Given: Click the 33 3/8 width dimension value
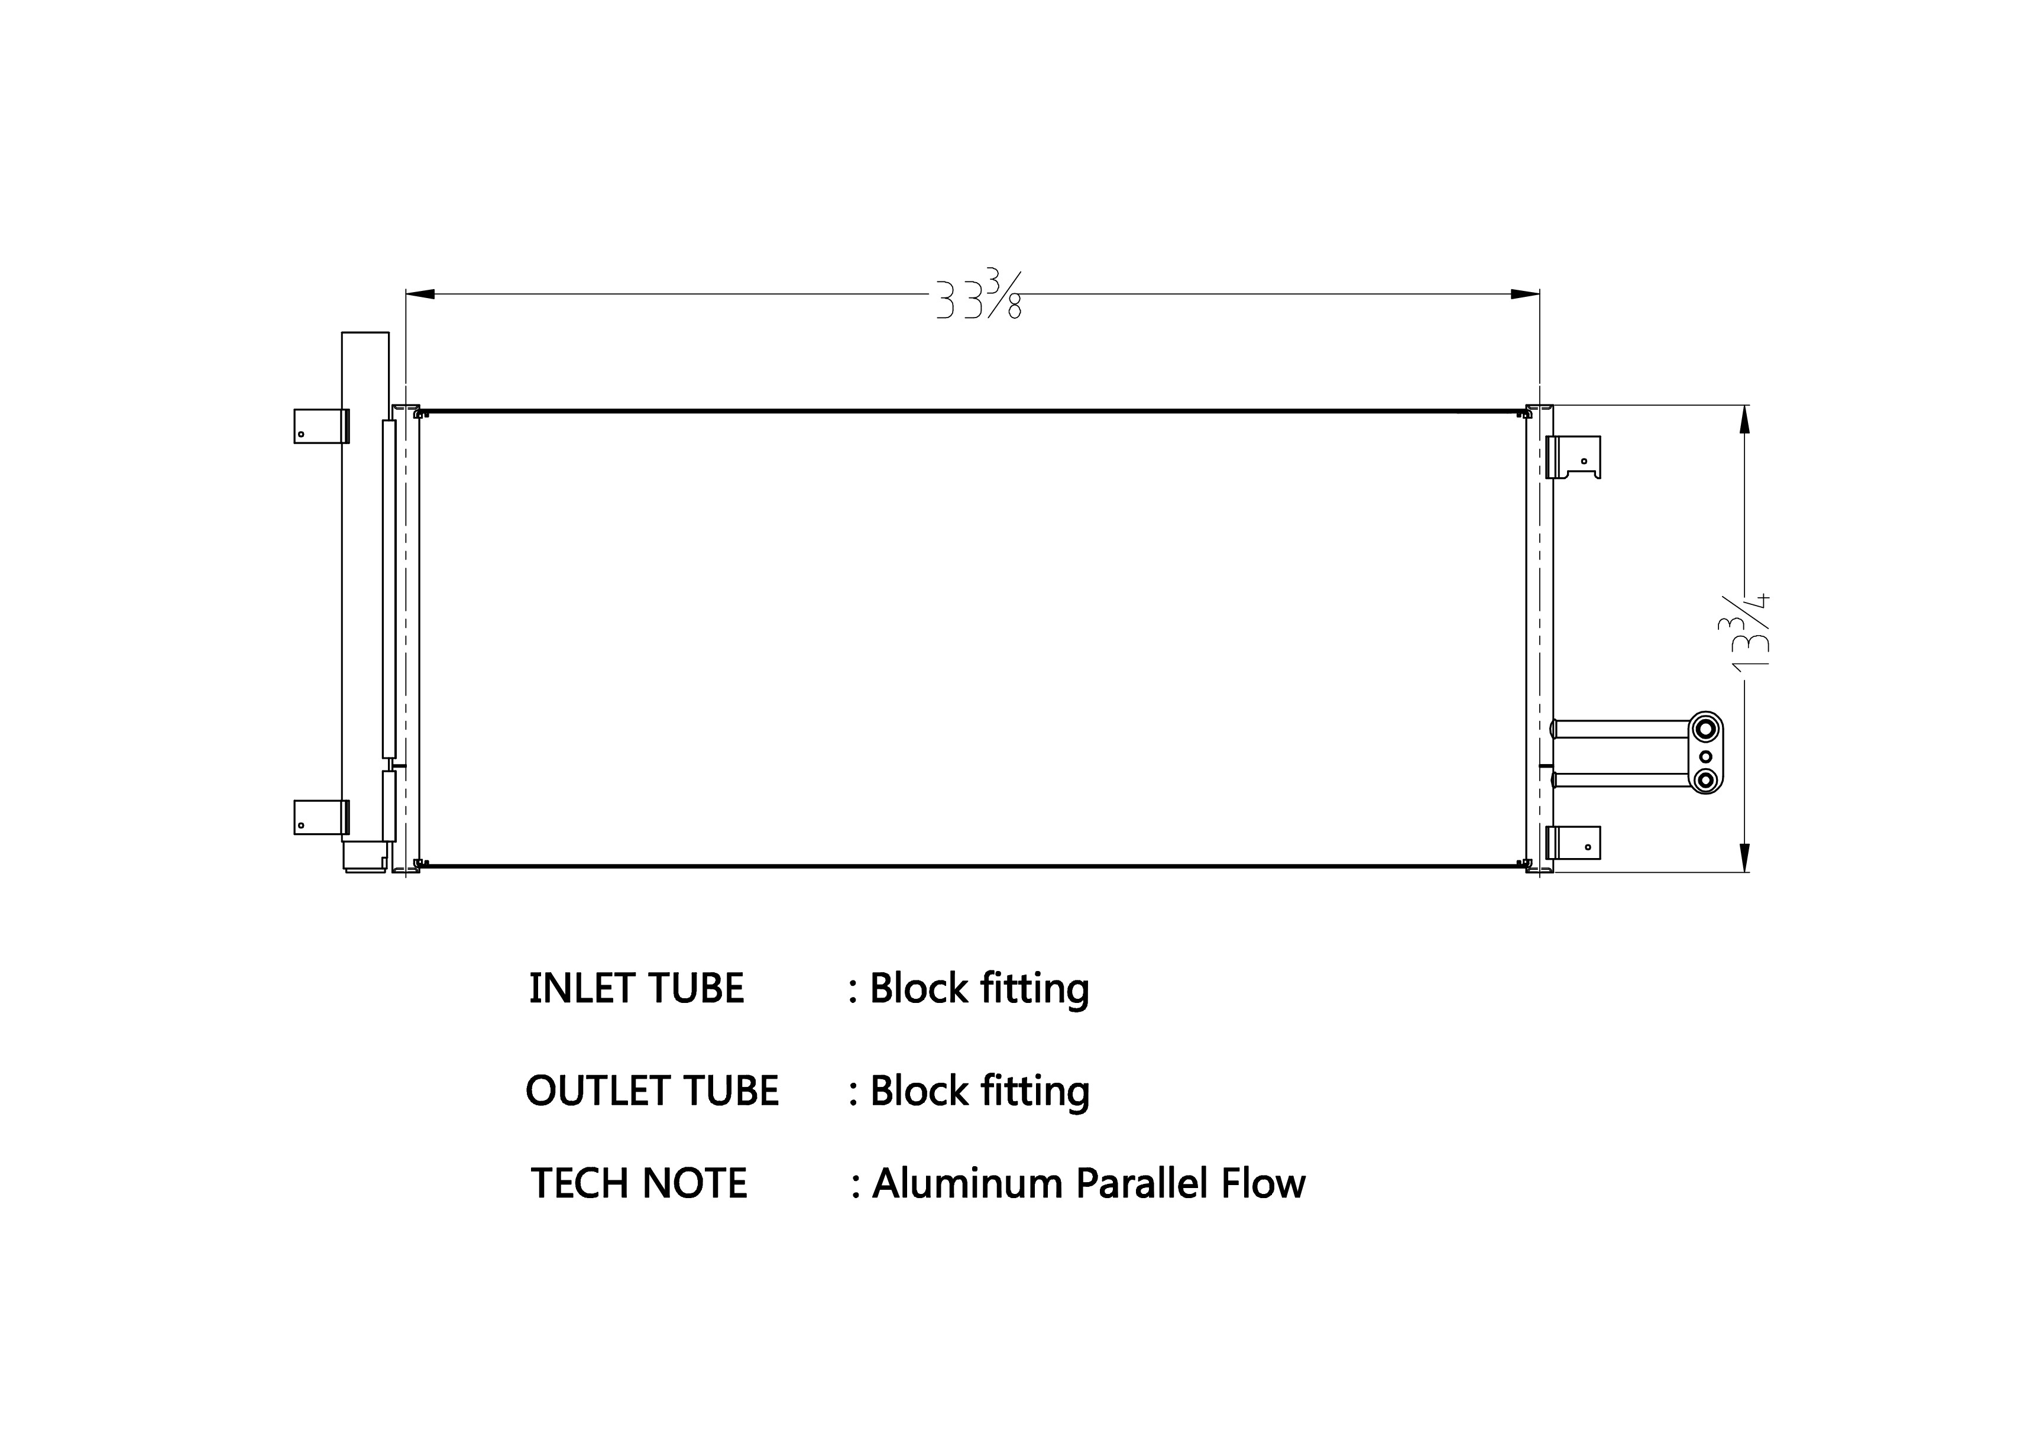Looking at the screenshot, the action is click(x=979, y=295).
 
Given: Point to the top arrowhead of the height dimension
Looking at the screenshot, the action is click(x=1744, y=420).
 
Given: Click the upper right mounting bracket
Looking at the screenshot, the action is click(x=1574, y=457).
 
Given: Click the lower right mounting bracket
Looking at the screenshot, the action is click(x=1574, y=842).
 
